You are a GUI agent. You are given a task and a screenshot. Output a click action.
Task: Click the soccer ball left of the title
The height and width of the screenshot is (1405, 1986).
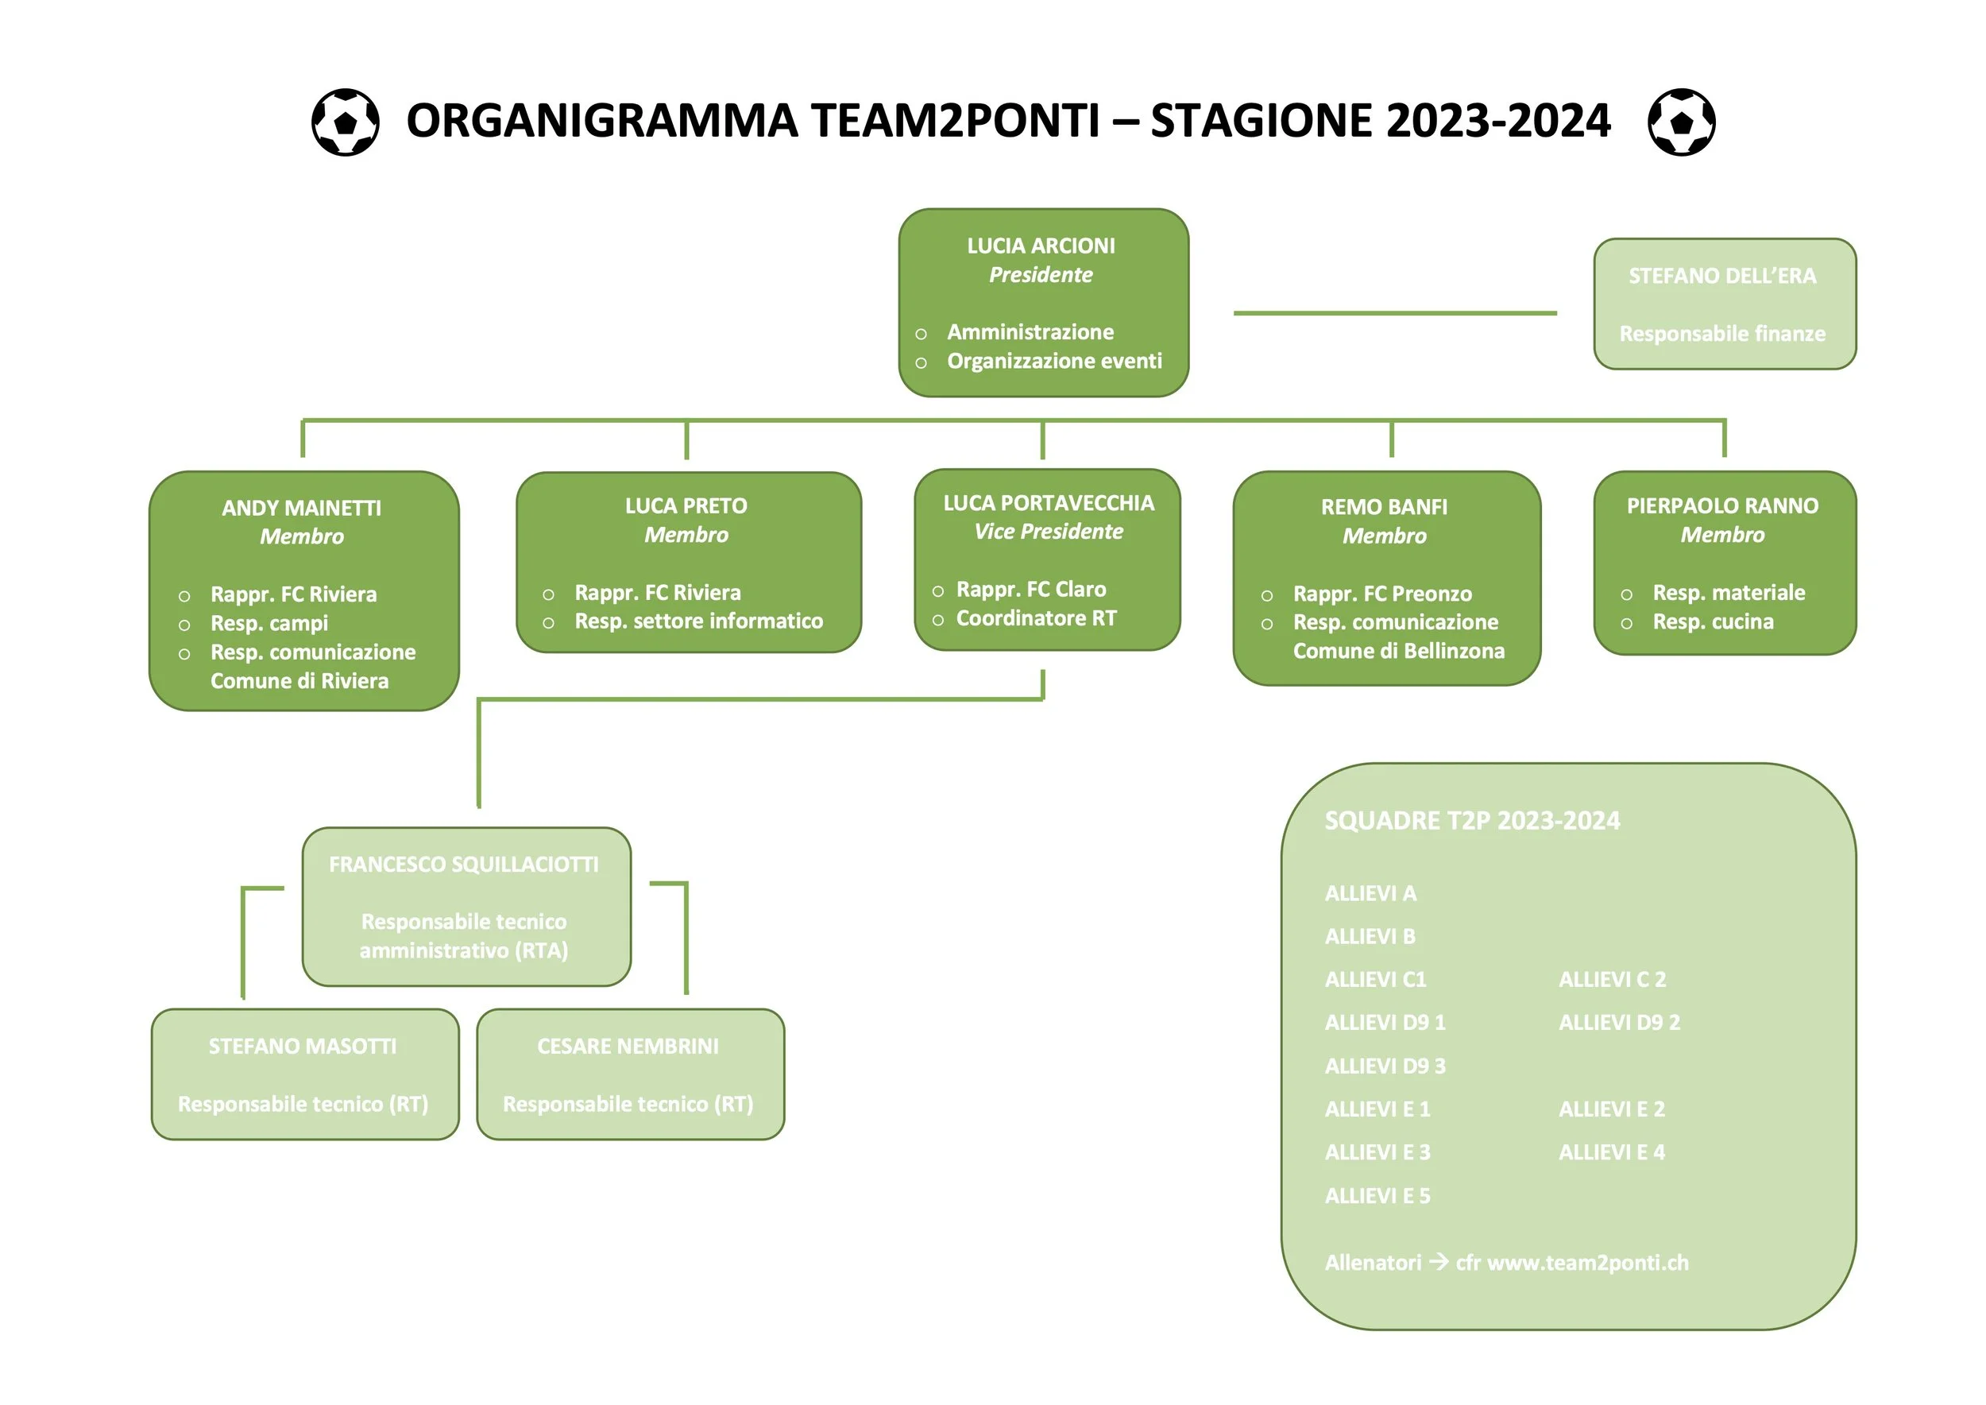(345, 122)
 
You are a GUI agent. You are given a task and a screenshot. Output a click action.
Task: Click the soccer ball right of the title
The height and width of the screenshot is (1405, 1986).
(1681, 122)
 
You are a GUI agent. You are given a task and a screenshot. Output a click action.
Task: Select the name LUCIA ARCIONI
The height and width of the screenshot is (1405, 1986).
(1041, 246)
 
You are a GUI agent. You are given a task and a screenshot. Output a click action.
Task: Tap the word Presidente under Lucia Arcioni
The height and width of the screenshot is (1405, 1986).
(1041, 275)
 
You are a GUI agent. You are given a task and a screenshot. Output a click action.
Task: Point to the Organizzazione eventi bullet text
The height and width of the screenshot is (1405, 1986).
(1053, 361)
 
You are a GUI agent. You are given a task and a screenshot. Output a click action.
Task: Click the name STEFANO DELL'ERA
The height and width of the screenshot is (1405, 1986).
(1721, 276)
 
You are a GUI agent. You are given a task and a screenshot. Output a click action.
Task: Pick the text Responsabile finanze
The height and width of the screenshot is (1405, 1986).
(1721, 334)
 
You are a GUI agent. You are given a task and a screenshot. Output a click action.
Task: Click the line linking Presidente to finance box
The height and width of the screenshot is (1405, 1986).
(1394, 313)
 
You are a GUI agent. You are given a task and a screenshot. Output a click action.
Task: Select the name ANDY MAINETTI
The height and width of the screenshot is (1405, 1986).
(301, 508)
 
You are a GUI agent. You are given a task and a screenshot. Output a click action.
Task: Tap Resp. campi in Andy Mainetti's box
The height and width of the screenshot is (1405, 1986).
(269, 624)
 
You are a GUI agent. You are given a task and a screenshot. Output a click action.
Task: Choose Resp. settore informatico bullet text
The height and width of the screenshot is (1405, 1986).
(698, 621)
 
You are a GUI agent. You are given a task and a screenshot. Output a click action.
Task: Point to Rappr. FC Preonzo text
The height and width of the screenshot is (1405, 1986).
(1381, 594)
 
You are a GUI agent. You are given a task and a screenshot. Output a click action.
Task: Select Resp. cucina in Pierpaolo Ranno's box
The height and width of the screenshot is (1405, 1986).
(1712, 622)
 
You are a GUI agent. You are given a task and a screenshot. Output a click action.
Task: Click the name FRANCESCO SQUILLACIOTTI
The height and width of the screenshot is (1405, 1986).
(464, 865)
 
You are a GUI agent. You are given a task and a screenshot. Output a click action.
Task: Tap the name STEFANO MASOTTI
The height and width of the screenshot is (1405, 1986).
(302, 1047)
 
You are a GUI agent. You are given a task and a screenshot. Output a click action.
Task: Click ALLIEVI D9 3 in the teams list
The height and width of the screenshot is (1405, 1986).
(1384, 1066)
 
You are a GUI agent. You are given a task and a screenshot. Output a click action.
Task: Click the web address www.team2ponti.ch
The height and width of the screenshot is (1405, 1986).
(1587, 1263)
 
